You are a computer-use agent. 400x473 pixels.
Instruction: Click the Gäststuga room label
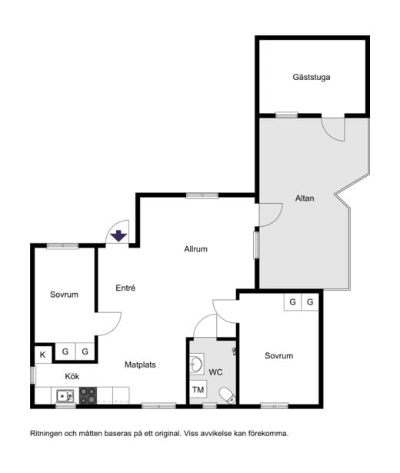click(x=312, y=77)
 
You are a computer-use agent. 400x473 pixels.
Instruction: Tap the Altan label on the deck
click(x=305, y=198)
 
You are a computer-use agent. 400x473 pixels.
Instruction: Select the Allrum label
click(x=196, y=249)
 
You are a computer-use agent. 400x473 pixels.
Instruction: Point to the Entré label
click(x=125, y=288)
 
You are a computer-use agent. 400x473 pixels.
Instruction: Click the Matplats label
click(x=140, y=365)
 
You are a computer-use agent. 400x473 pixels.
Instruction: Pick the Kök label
click(x=72, y=376)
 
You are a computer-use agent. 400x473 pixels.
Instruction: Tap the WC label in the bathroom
click(x=215, y=372)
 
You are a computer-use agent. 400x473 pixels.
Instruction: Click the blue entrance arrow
click(x=118, y=235)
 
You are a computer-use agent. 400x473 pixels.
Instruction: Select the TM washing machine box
click(x=198, y=390)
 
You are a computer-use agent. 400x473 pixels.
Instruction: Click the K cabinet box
click(x=43, y=355)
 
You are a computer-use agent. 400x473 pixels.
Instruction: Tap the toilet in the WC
click(x=227, y=395)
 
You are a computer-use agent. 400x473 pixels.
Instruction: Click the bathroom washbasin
click(x=197, y=364)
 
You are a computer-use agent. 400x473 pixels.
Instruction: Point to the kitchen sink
click(x=65, y=395)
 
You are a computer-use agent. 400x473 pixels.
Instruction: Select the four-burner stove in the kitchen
click(x=88, y=395)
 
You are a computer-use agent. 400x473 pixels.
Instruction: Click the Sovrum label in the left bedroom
click(x=65, y=295)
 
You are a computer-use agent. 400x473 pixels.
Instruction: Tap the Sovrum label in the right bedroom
click(x=279, y=355)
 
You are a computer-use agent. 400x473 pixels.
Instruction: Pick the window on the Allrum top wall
click(x=202, y=195)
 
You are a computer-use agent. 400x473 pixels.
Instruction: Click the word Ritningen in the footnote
click(x=46, y=434)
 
